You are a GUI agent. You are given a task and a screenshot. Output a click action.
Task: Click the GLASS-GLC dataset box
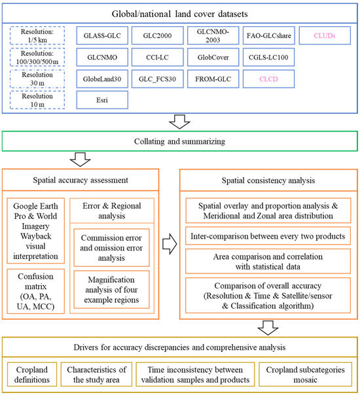click(x=102, y=36)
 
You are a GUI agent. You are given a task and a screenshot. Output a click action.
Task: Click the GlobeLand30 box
click(x=102, y=79)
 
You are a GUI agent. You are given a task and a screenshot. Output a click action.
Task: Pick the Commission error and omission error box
click(x=111, y=240)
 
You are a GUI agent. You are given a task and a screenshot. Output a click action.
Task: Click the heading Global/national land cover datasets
click(x=179, y=12)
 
